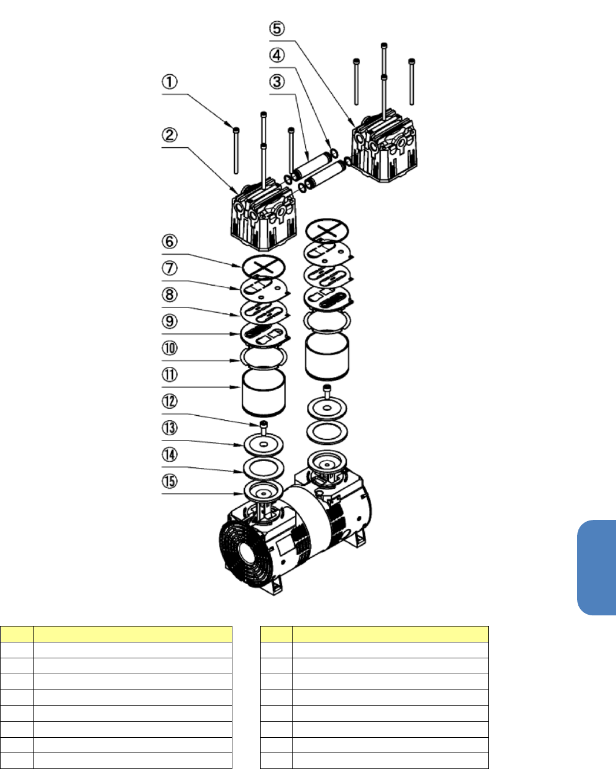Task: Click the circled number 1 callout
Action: point(169,81)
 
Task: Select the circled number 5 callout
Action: point(277,29)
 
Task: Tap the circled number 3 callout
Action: point(277,81)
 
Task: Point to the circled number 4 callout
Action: point(277,55)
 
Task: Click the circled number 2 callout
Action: point(169,135)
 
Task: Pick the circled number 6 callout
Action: point(169,241)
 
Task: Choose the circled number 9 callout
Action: point(169,321)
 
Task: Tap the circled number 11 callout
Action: point(169,375)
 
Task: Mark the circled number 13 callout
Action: point(169,427)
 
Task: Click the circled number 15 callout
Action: point(169,481)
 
